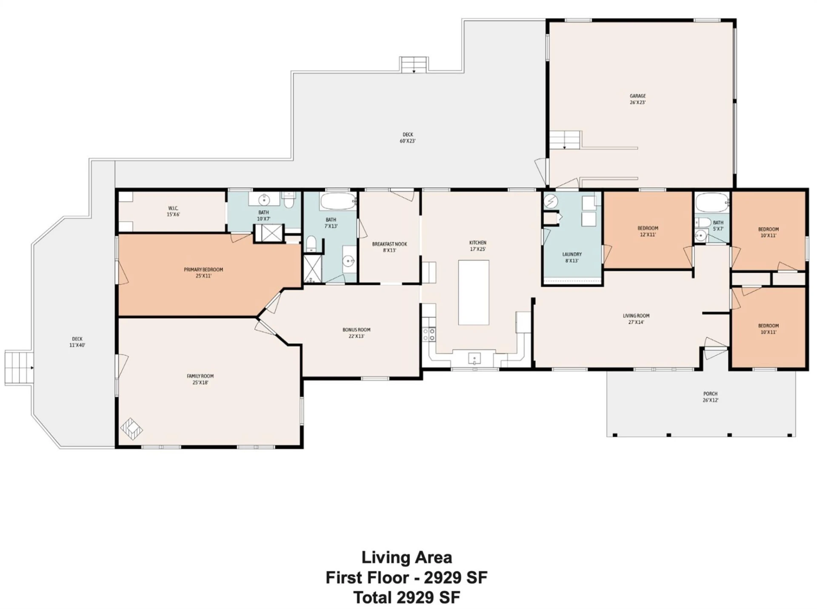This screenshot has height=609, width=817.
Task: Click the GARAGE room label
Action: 637,96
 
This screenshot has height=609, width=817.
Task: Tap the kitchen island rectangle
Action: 473,292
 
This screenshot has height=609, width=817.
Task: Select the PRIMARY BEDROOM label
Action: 203,269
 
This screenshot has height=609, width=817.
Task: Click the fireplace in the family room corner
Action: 131,429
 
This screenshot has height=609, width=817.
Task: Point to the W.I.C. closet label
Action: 173,208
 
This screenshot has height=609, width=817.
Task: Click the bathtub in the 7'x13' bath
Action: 338,201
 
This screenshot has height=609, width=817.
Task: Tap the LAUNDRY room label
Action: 571,254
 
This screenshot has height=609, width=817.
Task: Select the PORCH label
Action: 710,394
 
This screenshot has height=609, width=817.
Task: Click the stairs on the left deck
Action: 19,368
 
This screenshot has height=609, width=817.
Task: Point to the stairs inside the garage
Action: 564,140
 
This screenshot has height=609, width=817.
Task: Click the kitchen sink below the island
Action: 474,358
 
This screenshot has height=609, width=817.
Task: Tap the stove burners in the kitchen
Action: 429,334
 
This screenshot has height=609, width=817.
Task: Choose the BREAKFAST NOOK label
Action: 389,244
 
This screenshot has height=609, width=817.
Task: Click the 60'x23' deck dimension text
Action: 407,141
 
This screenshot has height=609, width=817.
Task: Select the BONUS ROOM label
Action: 356,330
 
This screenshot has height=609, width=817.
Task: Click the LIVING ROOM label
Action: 636,316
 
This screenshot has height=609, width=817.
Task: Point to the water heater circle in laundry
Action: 551,201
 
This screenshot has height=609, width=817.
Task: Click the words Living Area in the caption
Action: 406,557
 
